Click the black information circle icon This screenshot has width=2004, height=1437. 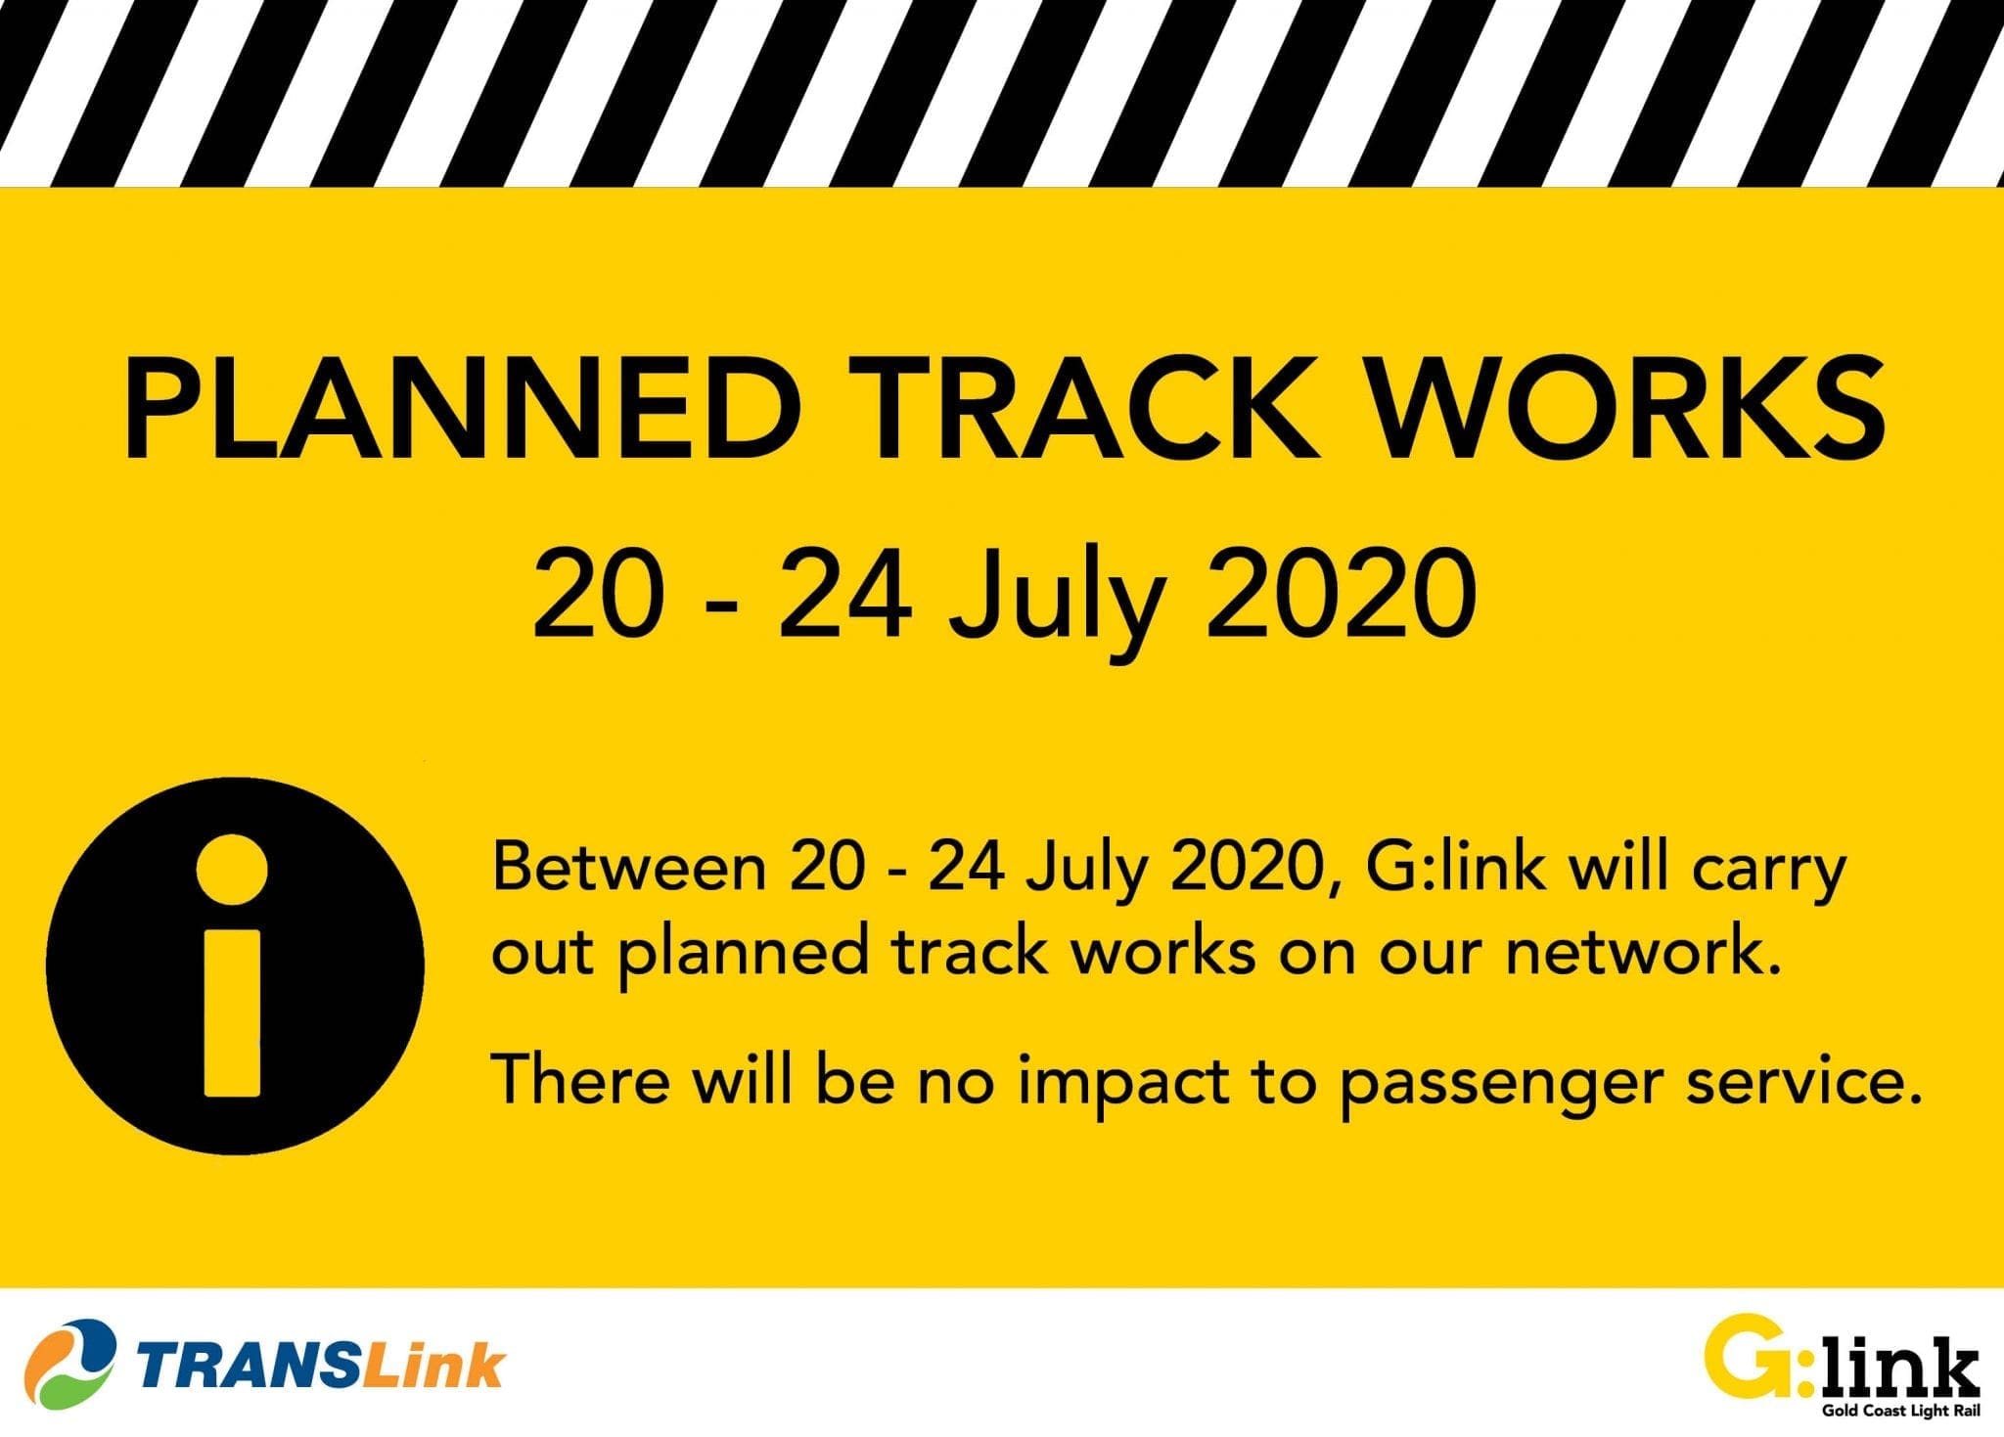click(x=235, y=965)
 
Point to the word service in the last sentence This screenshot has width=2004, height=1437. click(x=1790, y=1079)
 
